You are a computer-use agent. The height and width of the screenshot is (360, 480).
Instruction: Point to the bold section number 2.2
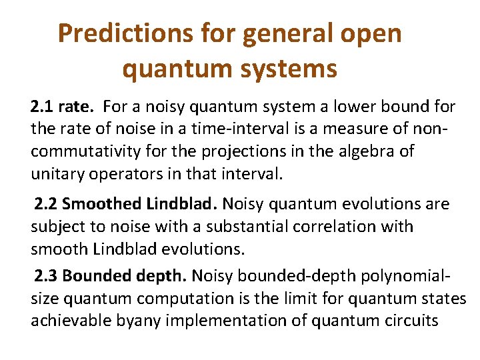tap(46, 204)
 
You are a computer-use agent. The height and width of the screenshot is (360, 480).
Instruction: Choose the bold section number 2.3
tap(46, 275)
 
